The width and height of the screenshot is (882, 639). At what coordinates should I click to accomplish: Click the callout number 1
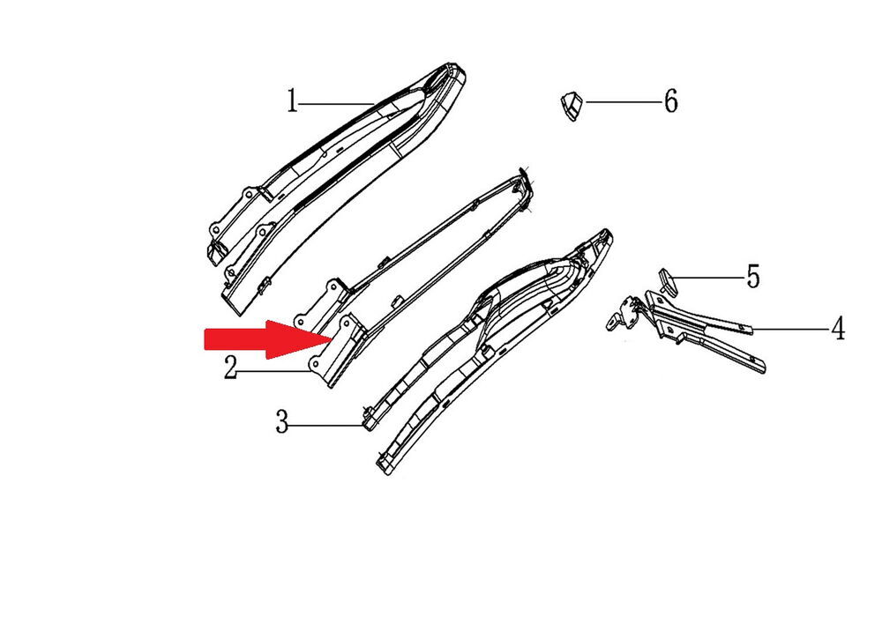[x=291, y=101]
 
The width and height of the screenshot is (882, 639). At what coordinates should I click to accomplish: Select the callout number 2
[x=230, y=368]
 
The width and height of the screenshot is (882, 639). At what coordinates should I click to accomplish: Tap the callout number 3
[x=282, y=421]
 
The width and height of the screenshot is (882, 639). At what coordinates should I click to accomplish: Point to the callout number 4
[x=838, y=329]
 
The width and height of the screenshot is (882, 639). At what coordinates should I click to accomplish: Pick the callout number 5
[x=753, y=277]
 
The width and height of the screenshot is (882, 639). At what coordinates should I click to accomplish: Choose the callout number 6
[x=671, y=101]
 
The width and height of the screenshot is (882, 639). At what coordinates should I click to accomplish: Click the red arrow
[x=267, y=338]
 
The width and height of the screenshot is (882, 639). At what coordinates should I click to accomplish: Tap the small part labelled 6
[x=572, y=106]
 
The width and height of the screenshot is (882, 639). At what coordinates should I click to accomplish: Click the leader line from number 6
[x=623, y=101]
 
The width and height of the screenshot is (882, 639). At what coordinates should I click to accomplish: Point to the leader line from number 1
[x=336, y=103]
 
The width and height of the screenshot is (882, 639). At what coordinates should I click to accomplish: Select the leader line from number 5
[x=707, y=277]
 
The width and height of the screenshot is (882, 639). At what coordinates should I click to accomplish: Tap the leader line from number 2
[x=273, y=371]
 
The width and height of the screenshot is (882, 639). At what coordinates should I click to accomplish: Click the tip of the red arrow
[x=332, y=338]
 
